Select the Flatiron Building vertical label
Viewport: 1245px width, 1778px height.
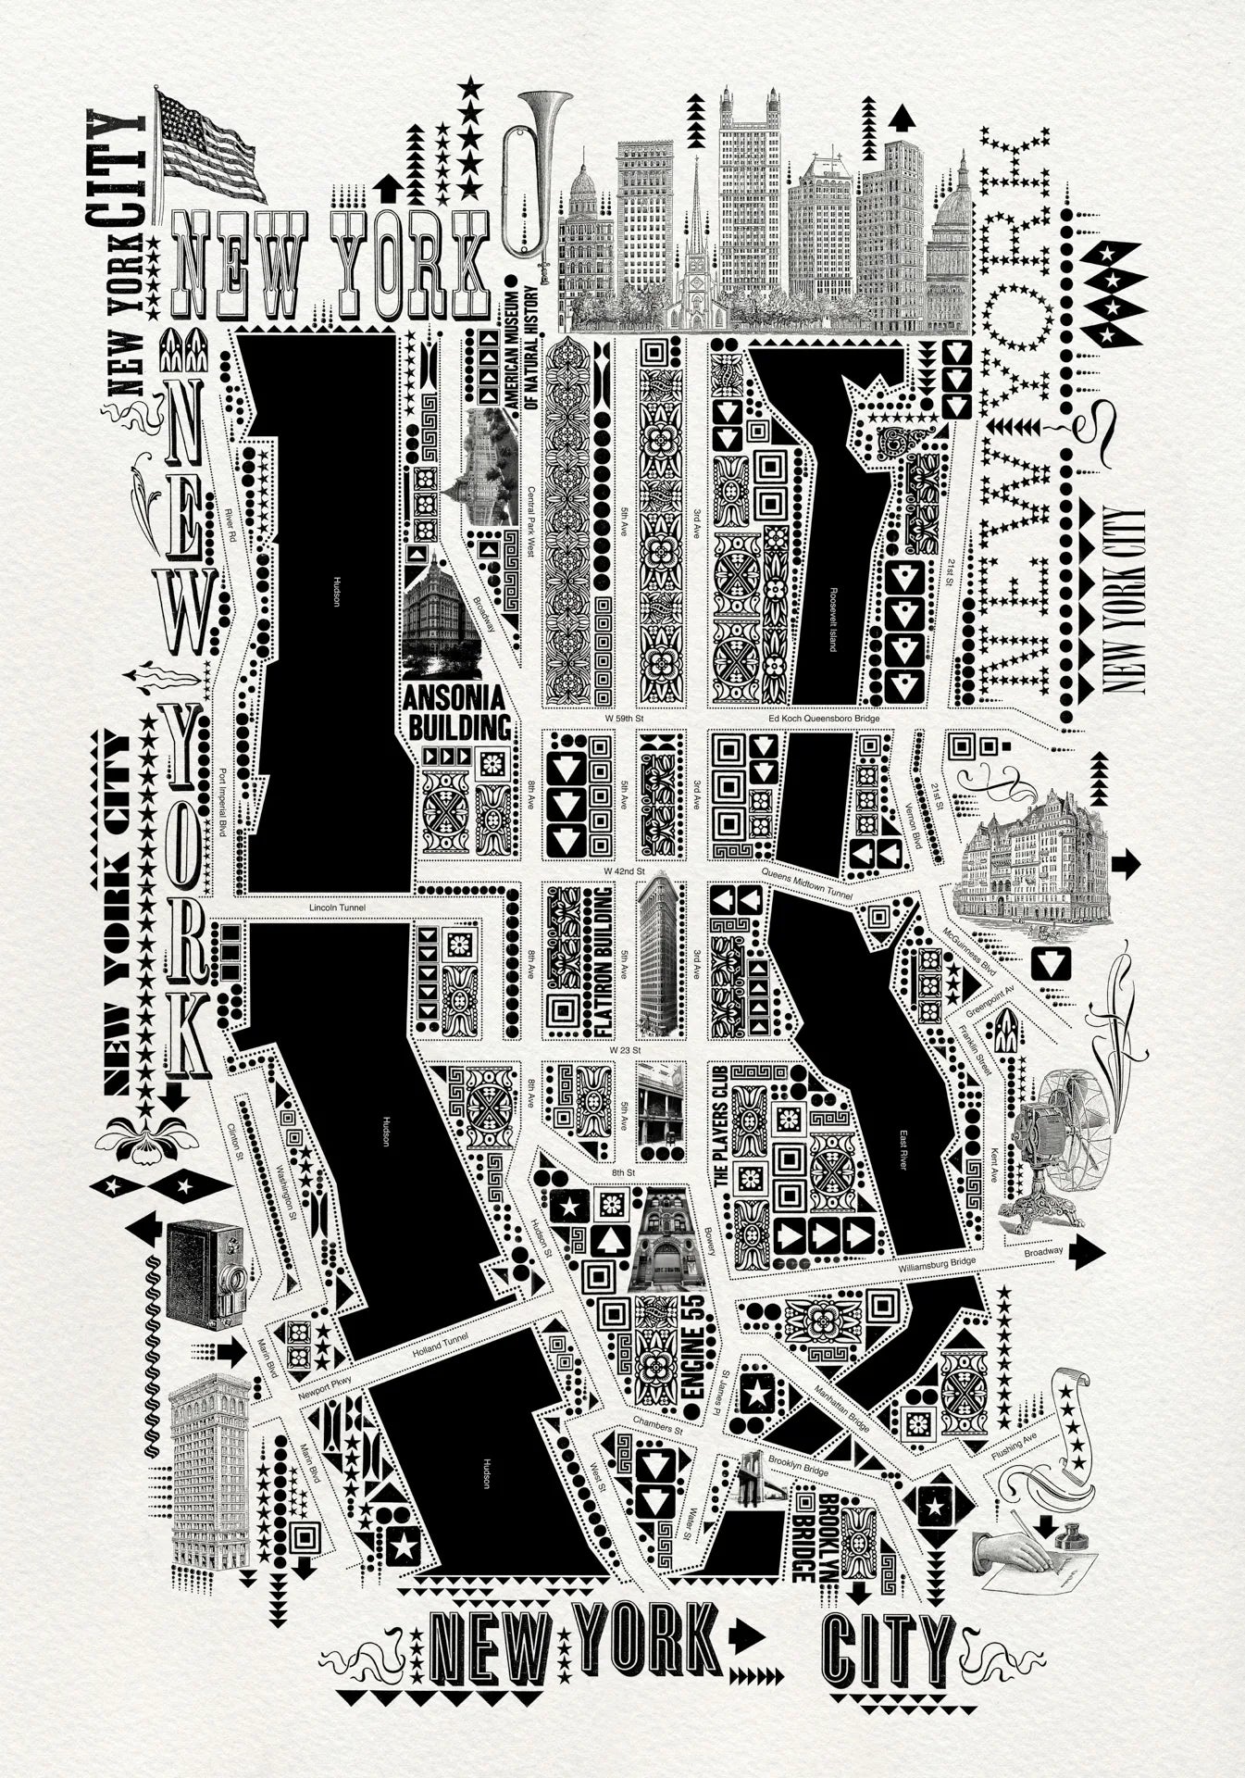click(602, 958)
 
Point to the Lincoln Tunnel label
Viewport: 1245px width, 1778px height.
click(338, 908)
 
